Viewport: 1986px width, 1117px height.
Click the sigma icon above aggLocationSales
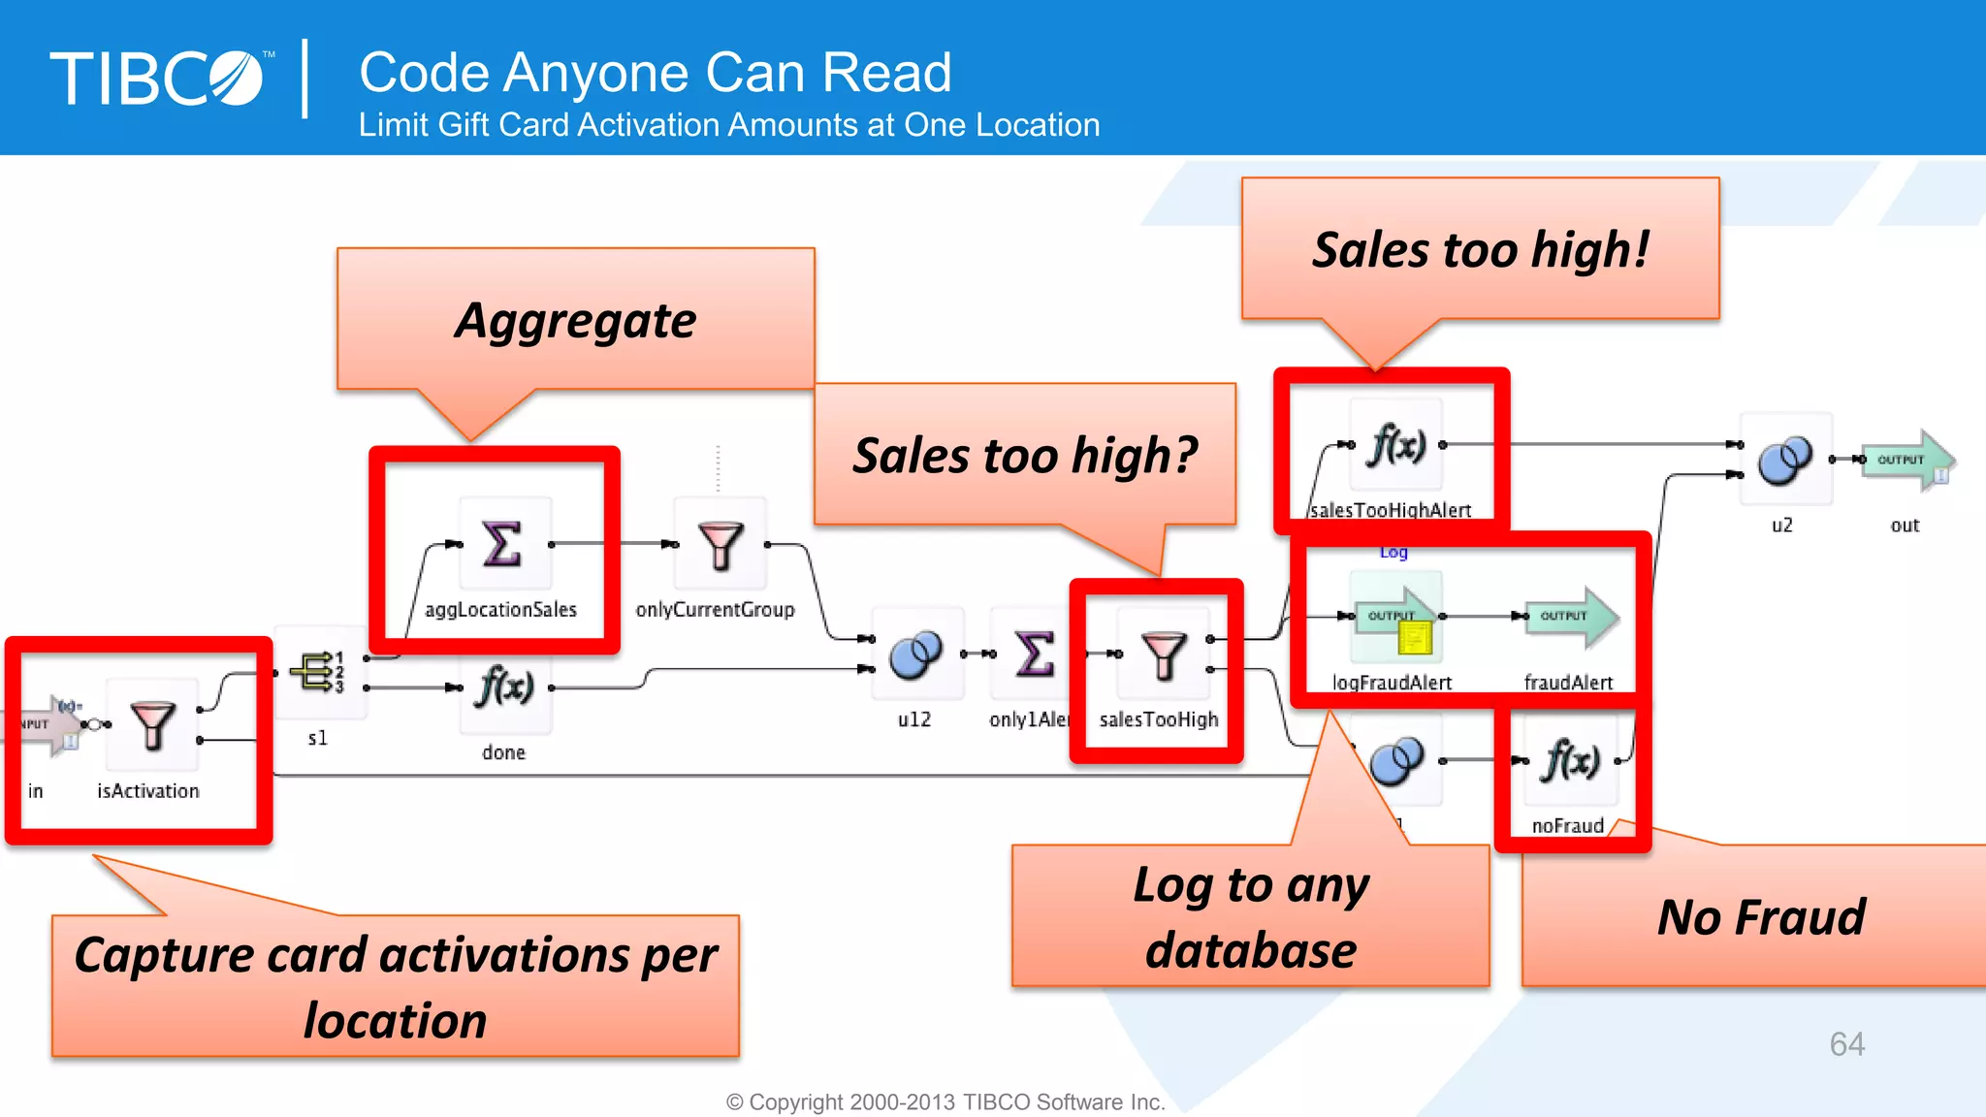(503, 544)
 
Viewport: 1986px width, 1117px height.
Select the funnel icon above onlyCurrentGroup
(721, 545)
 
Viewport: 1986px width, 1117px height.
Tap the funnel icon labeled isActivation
(152, 726)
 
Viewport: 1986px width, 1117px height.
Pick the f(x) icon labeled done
(504, 688)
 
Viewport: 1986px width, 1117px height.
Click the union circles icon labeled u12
(915, 654)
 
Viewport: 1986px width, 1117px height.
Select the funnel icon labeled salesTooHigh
(1163, 655)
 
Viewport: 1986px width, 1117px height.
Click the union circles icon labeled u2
(1784, 460)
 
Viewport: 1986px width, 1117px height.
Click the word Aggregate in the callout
(576, 321)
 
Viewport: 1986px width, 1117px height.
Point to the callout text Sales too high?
(1024, 456)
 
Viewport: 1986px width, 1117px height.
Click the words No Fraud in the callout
(1760, 917)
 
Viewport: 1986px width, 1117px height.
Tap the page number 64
(1846, 1044)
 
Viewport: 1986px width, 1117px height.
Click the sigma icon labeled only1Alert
(1035, 654)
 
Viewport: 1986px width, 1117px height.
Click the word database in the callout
(1250, 950)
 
